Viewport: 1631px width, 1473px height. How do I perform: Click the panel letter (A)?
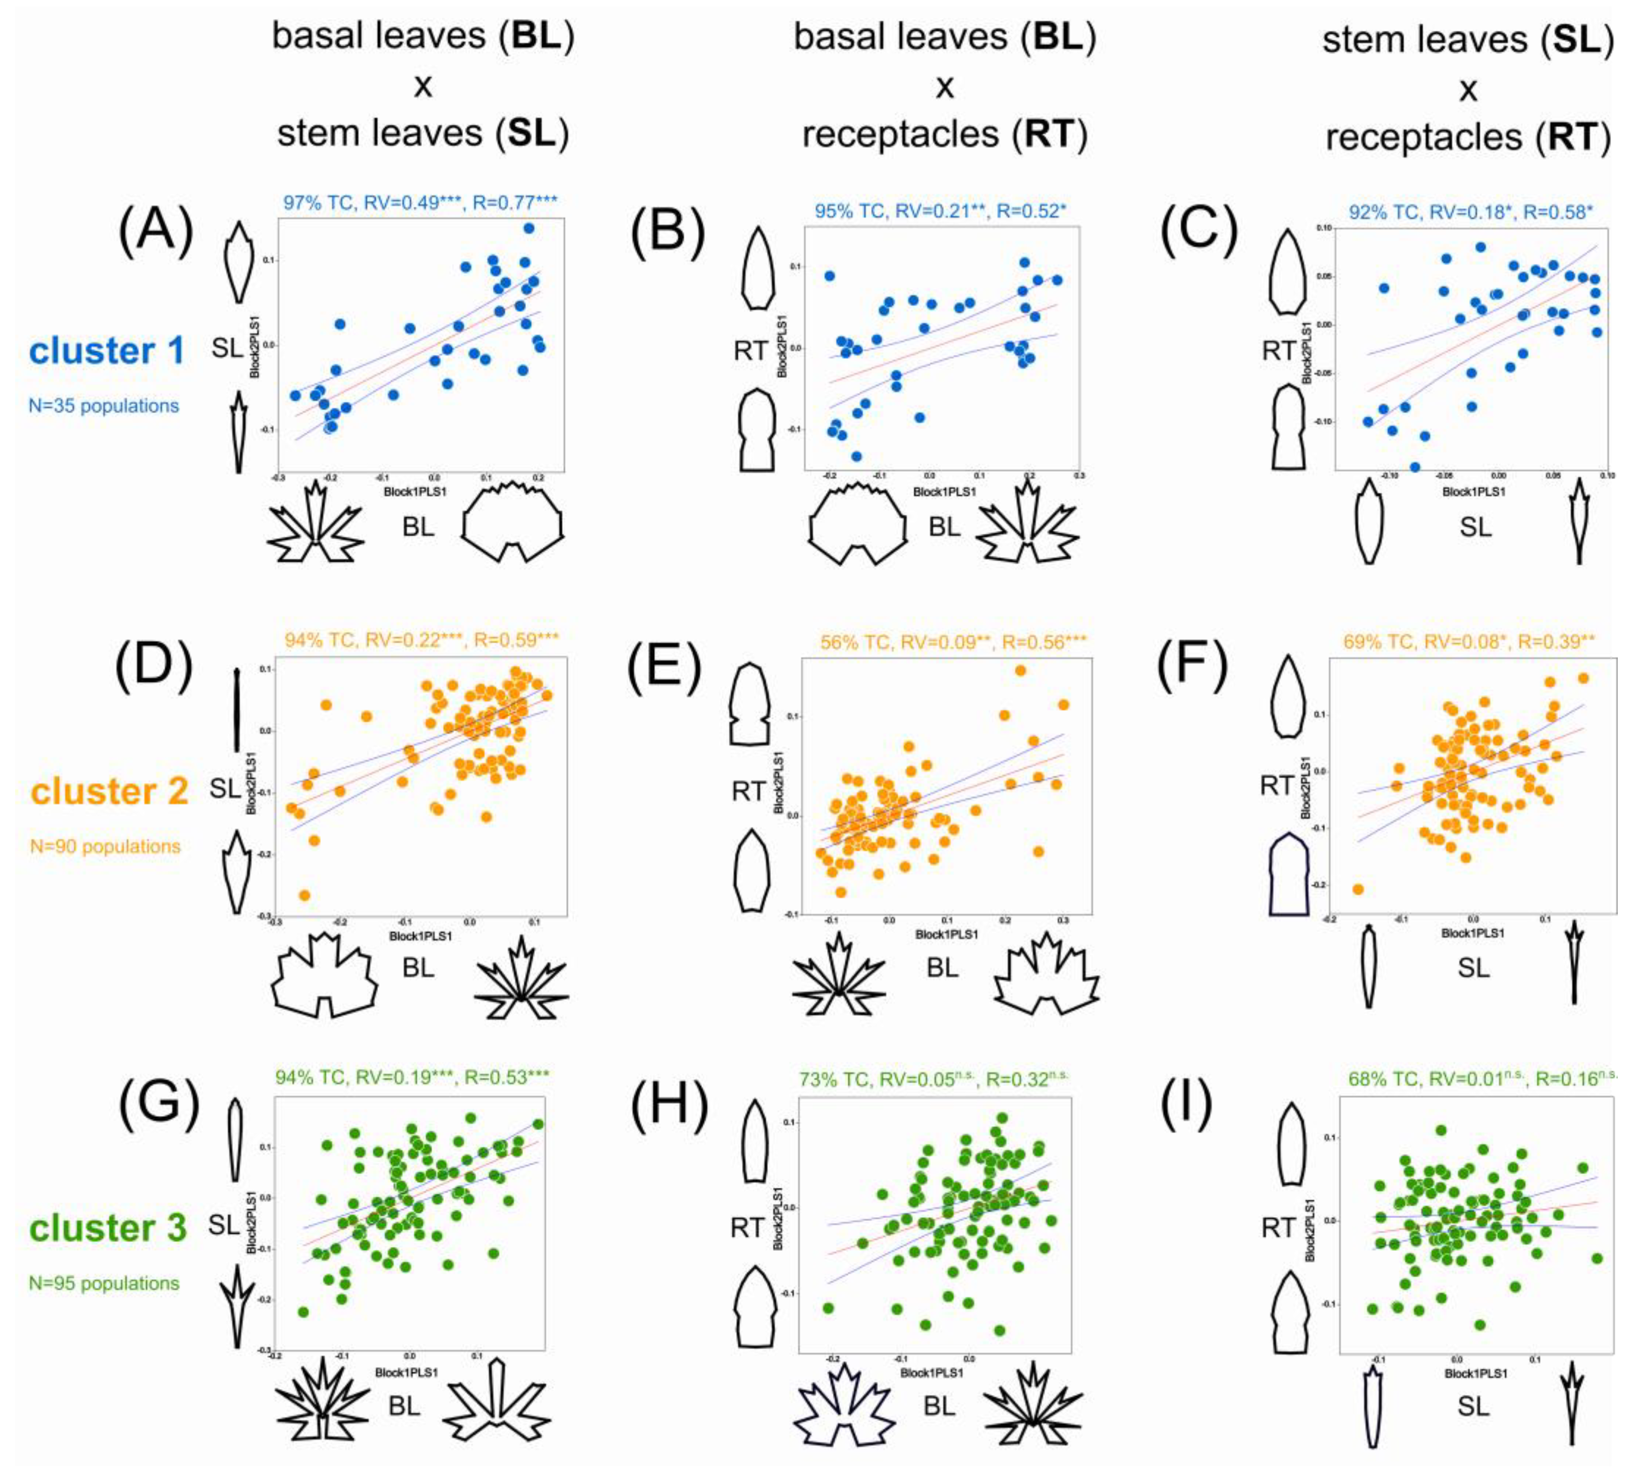(156, 230)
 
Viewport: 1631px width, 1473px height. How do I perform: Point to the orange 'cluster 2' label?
(109, 791)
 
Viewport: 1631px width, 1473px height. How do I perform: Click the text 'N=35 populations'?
(104, 405)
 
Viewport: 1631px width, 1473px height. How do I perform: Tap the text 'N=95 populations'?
(104, 1283)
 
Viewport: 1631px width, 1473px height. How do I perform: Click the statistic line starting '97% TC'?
(420, 202)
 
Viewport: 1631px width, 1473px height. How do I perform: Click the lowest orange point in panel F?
(1358, 889)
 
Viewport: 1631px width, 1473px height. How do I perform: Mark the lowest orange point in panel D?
(304, 895)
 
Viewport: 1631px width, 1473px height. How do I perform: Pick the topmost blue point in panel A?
(529, 228)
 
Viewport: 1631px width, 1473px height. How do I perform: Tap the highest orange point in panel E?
(1020, 670)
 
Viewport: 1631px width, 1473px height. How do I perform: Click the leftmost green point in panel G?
(303, 1311)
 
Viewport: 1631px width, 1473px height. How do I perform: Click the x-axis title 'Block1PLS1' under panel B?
(944, 492)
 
